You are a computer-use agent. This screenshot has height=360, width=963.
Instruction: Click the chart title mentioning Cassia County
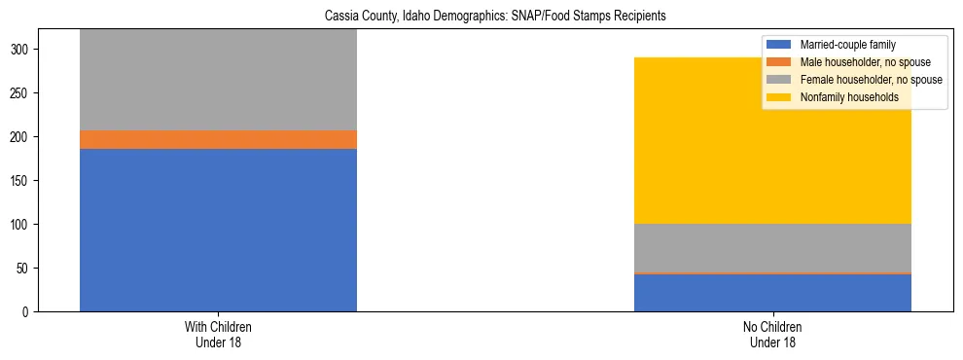[x=481, y=17]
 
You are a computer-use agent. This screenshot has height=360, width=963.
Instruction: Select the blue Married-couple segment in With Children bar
[x=218, y=230]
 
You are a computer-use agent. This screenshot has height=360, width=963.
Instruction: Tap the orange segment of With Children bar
[x=218, y=139]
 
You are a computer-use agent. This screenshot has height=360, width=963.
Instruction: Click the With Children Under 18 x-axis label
[x=218, y=335]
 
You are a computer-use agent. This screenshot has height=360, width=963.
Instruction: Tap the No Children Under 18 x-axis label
[x=772, y=335]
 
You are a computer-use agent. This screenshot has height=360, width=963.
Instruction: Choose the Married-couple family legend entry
[x=847, y=45]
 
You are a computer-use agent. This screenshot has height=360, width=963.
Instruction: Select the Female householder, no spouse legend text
[x=870, y=80]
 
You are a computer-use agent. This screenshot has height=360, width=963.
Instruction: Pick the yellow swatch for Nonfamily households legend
[x=779, y=97]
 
